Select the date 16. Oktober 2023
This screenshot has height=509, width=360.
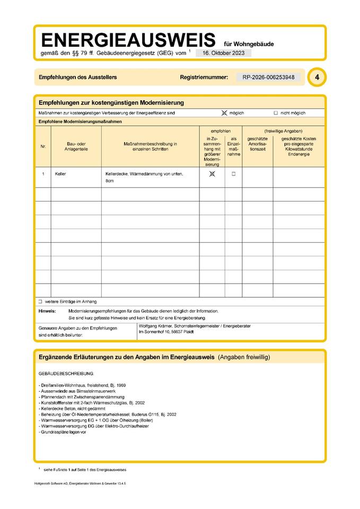click(223, 53)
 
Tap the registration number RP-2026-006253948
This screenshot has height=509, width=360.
click(268, 77)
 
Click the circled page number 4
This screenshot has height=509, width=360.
click(317, 77)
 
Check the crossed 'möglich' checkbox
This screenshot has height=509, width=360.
click(224, 113)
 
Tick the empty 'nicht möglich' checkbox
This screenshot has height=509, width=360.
click(276, 113)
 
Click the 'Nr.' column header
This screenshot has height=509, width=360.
click(43, 146)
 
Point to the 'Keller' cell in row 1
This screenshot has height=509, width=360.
click(60, 174)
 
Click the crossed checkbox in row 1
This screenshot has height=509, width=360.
click(212, 174)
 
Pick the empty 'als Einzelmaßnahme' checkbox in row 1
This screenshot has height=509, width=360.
click(233, 174)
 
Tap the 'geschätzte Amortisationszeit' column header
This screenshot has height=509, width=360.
click(257, 144)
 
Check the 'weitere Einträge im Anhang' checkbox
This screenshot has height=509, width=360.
click(40, 301)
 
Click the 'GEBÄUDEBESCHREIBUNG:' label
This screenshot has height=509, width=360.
click(66, 374)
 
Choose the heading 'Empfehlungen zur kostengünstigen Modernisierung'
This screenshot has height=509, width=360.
click(111, 102)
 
